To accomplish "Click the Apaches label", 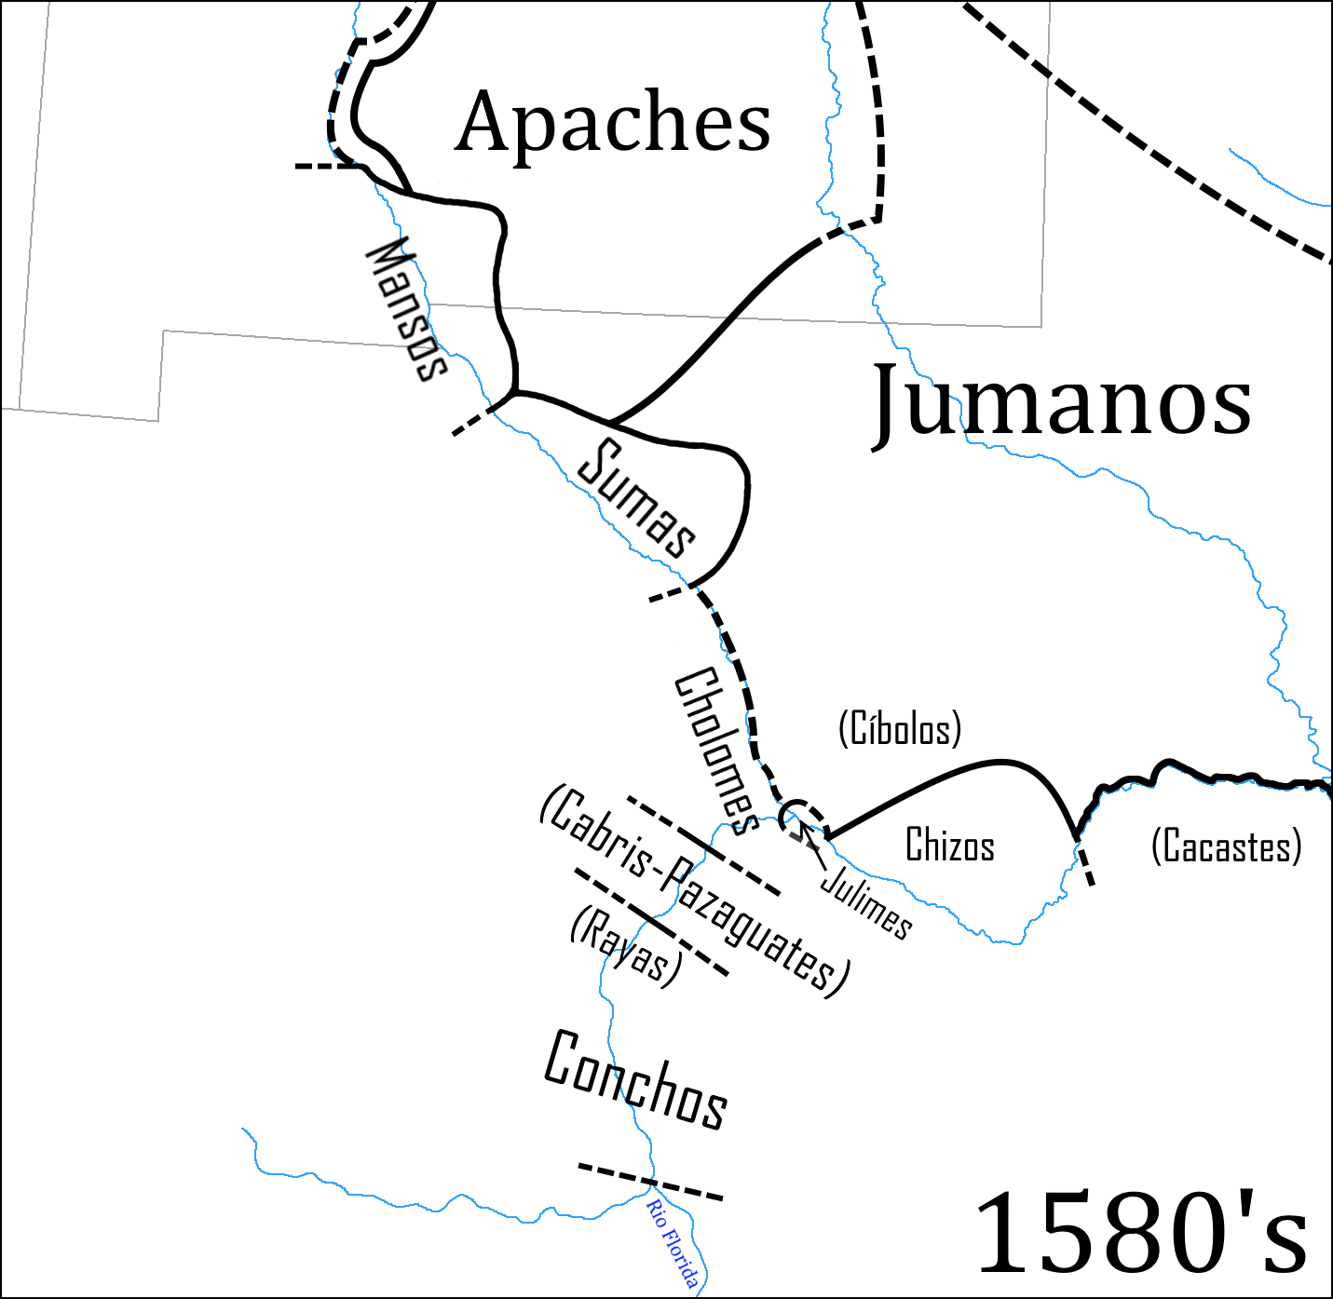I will [613, 122].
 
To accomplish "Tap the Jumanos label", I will [1062, 402].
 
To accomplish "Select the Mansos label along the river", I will [408, 309].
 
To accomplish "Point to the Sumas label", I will [637, 499].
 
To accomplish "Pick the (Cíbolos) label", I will [899, 728].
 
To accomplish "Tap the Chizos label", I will [949, 846].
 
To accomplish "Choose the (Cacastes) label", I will [1226, 846].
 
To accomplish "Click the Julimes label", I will [866, 901].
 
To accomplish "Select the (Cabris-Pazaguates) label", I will [695, 891].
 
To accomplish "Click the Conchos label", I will [635, 1080].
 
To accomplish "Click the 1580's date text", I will [1141, 1234].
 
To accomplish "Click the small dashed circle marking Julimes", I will [803, 817].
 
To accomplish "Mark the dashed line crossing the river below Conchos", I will [649, 1181].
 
